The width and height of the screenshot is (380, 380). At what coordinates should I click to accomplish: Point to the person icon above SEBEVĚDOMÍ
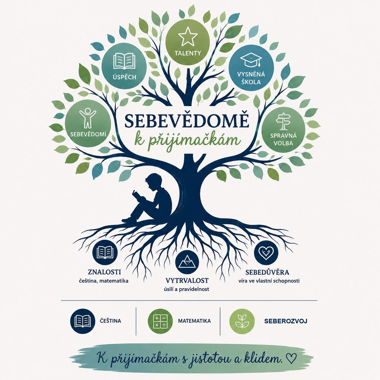[88, 118]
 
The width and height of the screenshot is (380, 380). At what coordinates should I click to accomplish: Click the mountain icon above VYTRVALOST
[187, 262]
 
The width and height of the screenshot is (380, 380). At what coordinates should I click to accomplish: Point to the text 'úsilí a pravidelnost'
[186, 289]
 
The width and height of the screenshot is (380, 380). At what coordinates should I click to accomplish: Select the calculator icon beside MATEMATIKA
[160, 321]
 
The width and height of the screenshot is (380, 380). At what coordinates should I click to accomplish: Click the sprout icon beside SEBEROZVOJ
[242, 321]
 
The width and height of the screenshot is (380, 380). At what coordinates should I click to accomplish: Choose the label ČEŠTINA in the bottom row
[110, 321]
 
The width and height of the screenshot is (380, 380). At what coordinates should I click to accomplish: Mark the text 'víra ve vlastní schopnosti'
[269, 281]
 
